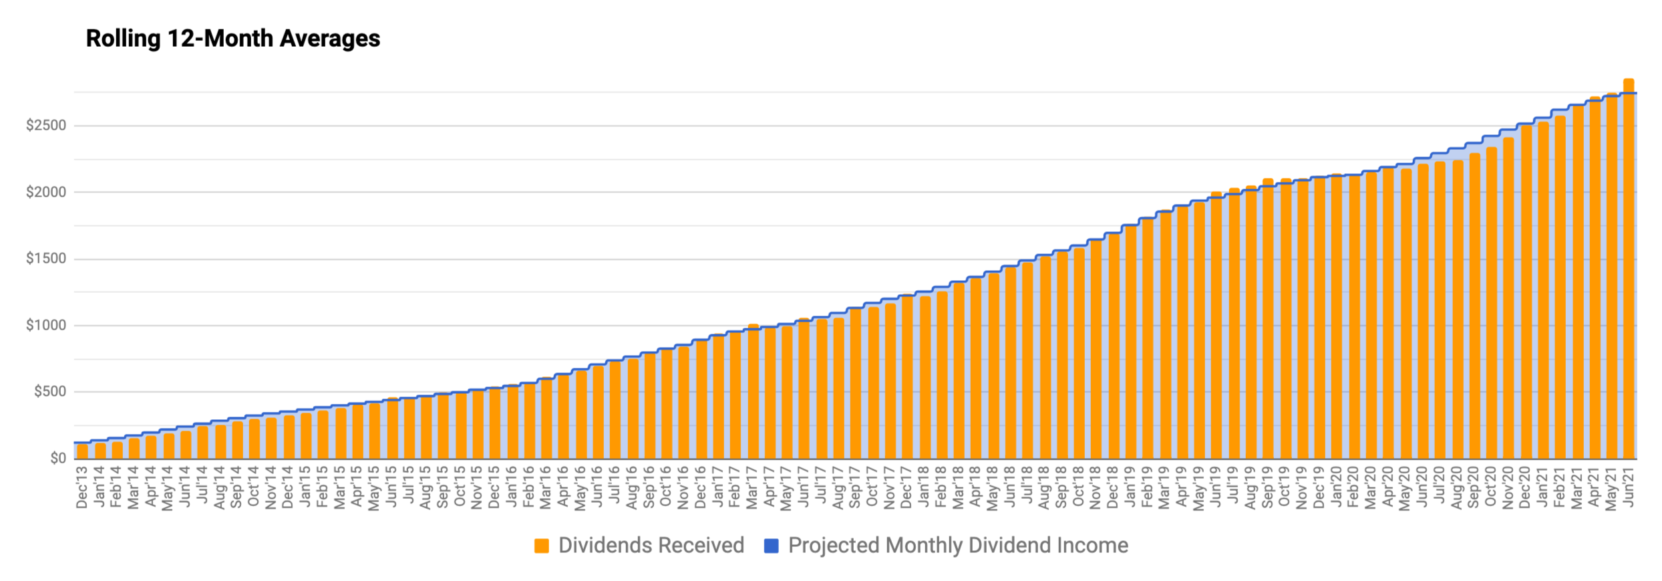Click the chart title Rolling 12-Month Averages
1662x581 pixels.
click(233, 39)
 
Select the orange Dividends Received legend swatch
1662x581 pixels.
click(542, 546)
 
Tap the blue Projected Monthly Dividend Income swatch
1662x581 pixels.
click(772, 546)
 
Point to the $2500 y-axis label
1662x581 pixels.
click(46, 126)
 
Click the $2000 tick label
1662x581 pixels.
click(46, 193)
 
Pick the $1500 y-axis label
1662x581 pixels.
click(46, 259)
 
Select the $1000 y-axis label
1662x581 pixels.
click(46, 326)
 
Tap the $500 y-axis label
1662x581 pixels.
click(50, 392)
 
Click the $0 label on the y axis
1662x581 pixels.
click(58, 459)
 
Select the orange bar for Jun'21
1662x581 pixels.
click(1629, 269)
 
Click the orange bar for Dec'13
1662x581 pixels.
click(82, 451)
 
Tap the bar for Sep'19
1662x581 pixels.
click(1268, 319)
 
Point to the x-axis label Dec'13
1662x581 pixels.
click(82, 487)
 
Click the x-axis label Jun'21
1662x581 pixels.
click(1629, 487)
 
